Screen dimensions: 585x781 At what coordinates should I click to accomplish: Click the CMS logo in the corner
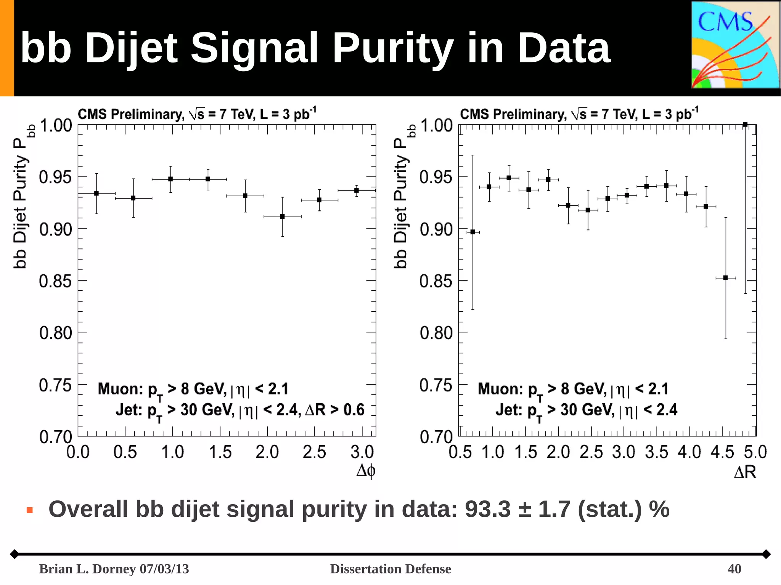tap(735, 45)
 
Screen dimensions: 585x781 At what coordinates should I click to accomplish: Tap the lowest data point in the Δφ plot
tap(283, 216)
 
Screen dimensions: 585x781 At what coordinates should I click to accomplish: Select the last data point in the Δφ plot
tap(357, 190)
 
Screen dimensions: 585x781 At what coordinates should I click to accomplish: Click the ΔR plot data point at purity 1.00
tap(746, 125)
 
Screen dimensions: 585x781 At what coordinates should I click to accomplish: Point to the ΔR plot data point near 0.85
tap(725, 278)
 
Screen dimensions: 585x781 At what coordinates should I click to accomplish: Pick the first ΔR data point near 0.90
tap(473, 232)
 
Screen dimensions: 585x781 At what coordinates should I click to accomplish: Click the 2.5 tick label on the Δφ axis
tap(314, 452)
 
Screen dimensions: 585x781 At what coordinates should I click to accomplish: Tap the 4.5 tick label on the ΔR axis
tap(722, 452)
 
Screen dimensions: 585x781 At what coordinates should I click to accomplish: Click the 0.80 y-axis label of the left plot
tap(56, 333)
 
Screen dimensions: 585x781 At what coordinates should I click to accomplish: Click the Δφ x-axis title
tap(366, 471)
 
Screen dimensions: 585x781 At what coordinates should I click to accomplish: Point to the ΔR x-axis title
tap(745, 473)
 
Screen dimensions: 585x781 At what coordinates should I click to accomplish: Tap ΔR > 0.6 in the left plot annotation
tap(335, 410)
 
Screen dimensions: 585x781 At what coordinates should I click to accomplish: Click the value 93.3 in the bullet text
tap(487, 509)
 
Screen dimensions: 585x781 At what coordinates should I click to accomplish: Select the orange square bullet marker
tap(30, 510)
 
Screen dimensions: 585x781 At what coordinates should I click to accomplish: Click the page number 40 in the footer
tap(734, 569)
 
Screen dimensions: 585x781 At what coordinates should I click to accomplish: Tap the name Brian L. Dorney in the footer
tap(88, 569)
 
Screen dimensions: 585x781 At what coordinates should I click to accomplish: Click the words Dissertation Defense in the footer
tap(390, 569)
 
